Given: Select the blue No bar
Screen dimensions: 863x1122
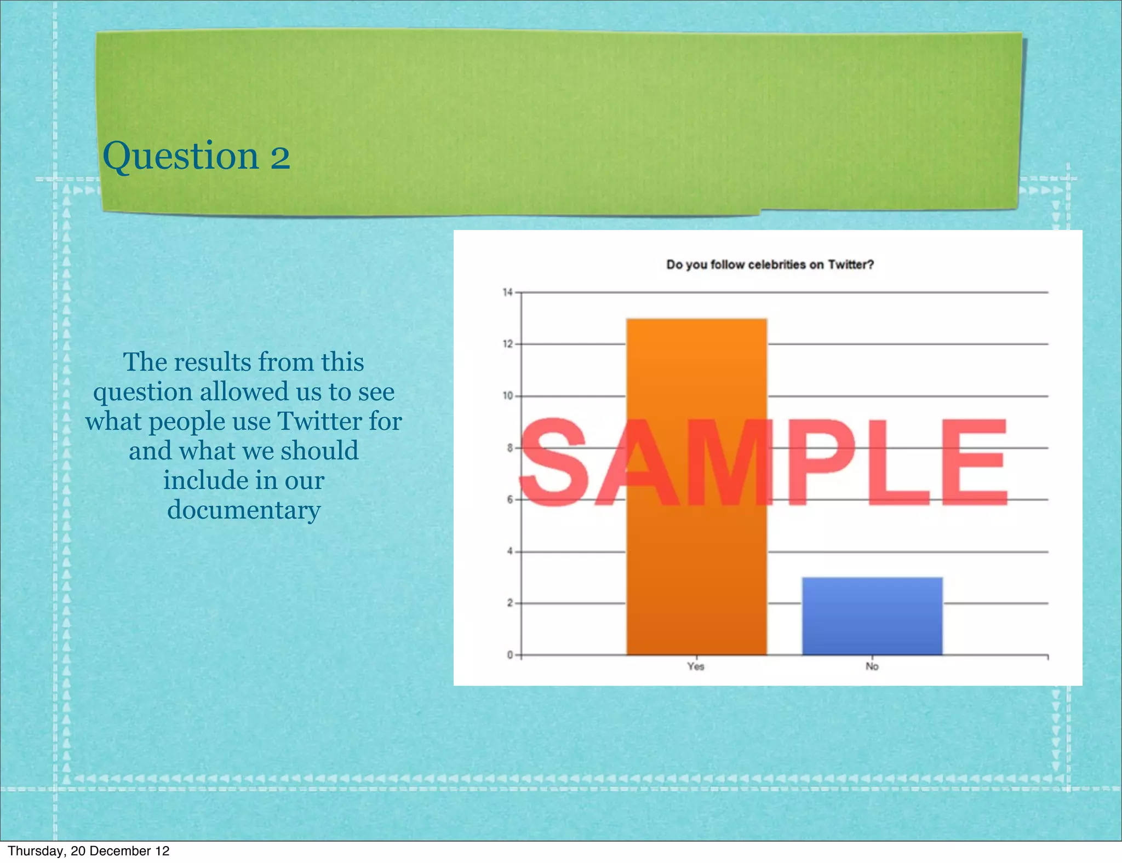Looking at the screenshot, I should pyautogui.click(x=872, y=616).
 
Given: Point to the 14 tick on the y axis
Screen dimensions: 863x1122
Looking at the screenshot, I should pyautogui.click(x=508, y=292).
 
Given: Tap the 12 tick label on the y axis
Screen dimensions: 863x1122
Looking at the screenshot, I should pyautogui.click(x=508, y=344).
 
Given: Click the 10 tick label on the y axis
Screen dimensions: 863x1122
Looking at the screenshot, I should pyautogui.click(x=508, y=396).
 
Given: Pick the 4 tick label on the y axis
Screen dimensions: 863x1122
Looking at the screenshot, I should pyautogui.click(x=510, y=551).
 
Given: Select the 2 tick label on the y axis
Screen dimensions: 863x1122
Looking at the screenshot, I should pyautogui.click(x=510, y=603).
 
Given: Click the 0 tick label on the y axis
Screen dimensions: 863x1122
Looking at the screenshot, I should pyautogui.click(x=510, y=655).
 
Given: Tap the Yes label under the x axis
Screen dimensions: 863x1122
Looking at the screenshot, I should pyautogui.click(x=696, y=666).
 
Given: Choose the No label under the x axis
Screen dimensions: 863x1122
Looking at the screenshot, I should pyautogui.click(x=872, y=666).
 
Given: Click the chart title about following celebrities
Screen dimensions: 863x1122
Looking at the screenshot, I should pyautogui.click(x=770, y=265).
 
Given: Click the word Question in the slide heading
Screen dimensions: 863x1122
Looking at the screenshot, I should pyautogui.click(x=180, y=156).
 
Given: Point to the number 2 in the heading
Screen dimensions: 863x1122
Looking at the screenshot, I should pyautogui.click(x=280, y=157).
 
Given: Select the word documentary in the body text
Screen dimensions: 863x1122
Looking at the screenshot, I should pyautogui.click(x=244, y=510).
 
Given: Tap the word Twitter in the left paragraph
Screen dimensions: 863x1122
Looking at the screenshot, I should pyautogui.click(x=320, y=421).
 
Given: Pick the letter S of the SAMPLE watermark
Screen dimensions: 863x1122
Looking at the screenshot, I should pyautogui.click(x=554, y=463).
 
